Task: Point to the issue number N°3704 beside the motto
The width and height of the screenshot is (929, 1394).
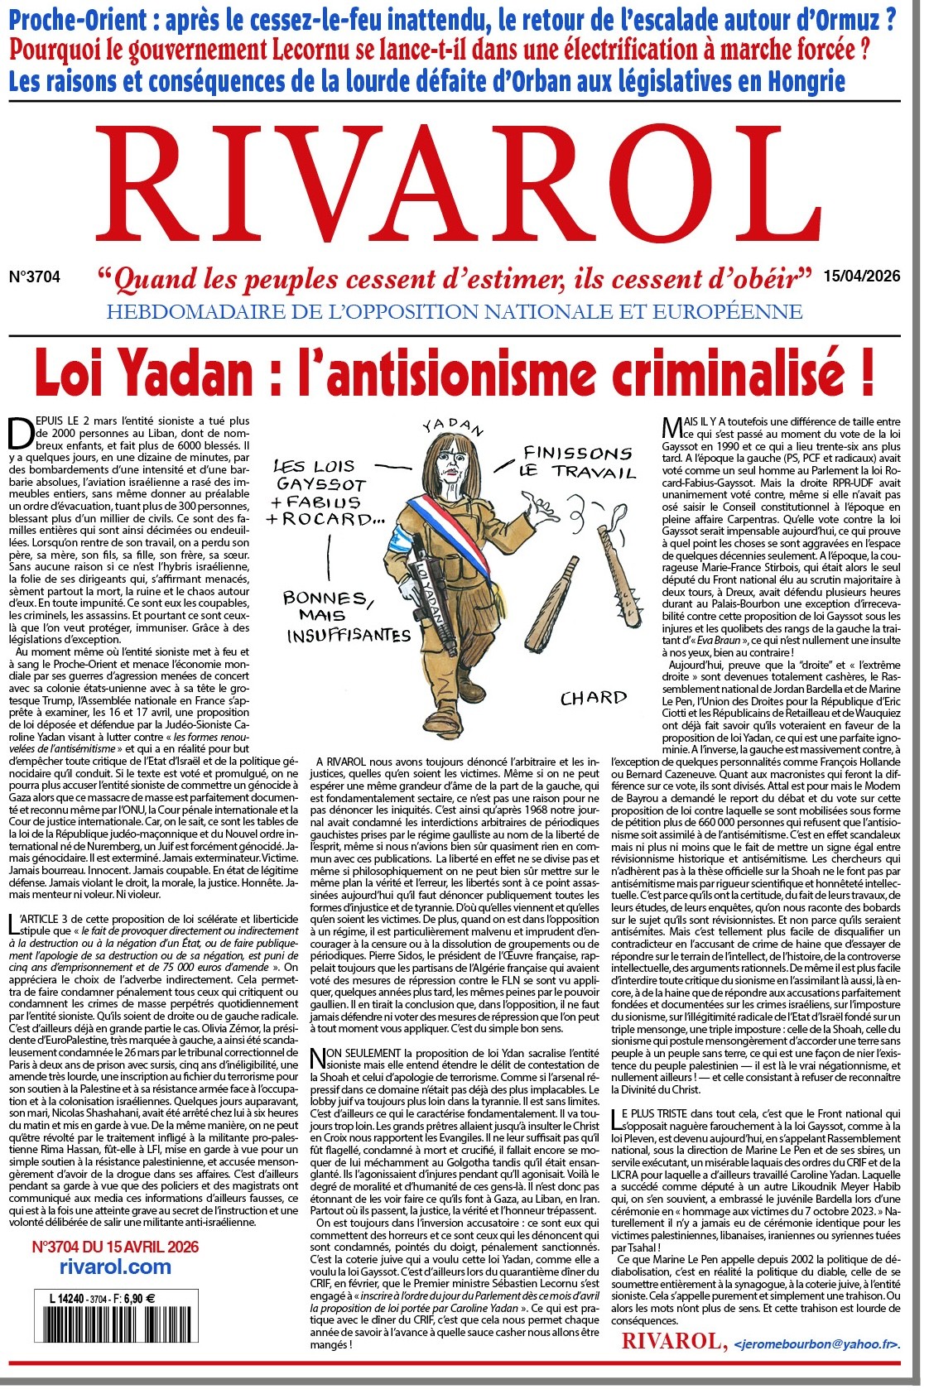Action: [x=34, y=277]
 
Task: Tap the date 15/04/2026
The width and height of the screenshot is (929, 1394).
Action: [x=861, y=276]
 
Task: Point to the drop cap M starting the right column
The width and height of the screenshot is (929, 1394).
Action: [x=672, y=427]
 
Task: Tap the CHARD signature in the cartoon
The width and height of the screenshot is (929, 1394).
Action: [x=593, y=698]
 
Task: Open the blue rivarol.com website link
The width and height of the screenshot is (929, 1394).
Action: [x=115, y=1267]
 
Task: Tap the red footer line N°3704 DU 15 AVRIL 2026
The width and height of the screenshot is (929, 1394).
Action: [x=115, y=1247]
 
